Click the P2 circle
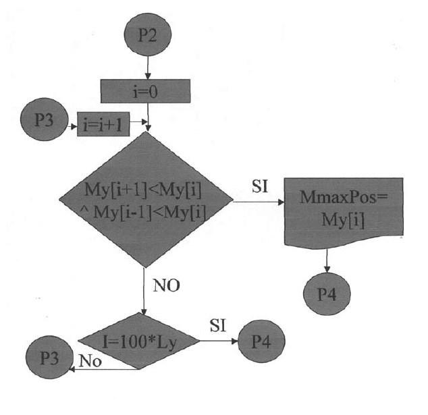point(146,36)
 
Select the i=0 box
point(146,90)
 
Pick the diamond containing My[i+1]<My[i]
point(146,200)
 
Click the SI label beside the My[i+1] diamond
point(259,186)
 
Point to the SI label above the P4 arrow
point(218,325)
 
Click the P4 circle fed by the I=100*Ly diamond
point(261,339)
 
